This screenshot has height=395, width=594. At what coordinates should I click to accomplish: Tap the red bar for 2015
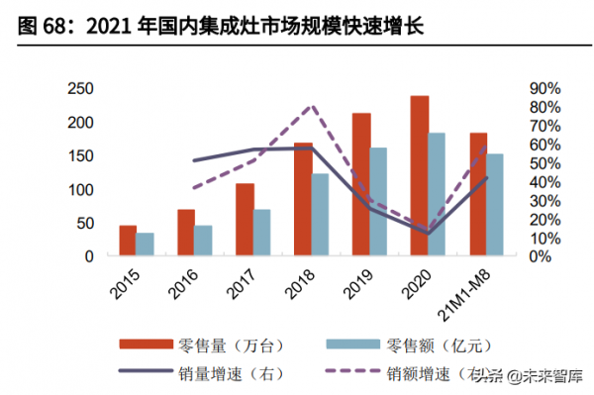point(128,241)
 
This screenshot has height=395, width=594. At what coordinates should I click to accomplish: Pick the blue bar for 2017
point(261,233)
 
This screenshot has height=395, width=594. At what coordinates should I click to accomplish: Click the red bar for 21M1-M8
point(477,194)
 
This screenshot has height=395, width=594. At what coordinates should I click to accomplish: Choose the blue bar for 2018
point(320,215)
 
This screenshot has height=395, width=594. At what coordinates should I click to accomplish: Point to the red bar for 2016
point(185,233)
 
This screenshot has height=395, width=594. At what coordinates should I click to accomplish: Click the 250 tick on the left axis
point(80,89)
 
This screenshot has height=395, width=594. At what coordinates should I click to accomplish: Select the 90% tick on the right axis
point(544,89)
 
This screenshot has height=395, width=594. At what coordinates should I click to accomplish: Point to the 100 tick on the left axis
point(80,189)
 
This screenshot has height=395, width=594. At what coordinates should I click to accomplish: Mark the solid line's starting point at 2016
point(194,160)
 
